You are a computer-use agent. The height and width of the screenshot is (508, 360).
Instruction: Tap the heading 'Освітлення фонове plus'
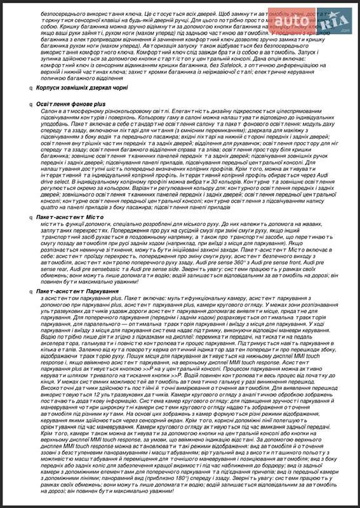pyautogui.click(x=70, y=102)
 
